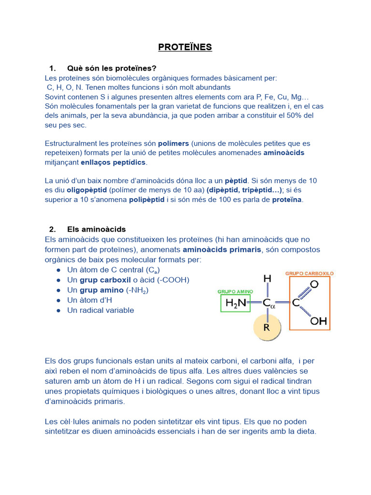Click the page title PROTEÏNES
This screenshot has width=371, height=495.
185,47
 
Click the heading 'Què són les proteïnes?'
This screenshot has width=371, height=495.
112,68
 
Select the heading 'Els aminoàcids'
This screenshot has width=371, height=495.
96,229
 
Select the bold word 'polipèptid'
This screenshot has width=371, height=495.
147,199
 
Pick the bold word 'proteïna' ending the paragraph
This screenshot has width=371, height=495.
287,199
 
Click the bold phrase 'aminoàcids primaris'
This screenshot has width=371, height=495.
222,249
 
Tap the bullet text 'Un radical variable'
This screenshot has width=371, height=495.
100,310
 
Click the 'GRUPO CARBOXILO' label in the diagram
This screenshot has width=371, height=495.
309,273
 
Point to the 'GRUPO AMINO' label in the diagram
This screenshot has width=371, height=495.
235,292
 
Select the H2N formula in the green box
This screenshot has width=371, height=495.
235,303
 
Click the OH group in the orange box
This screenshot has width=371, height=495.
318,320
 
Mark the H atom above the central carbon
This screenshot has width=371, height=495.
267,279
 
